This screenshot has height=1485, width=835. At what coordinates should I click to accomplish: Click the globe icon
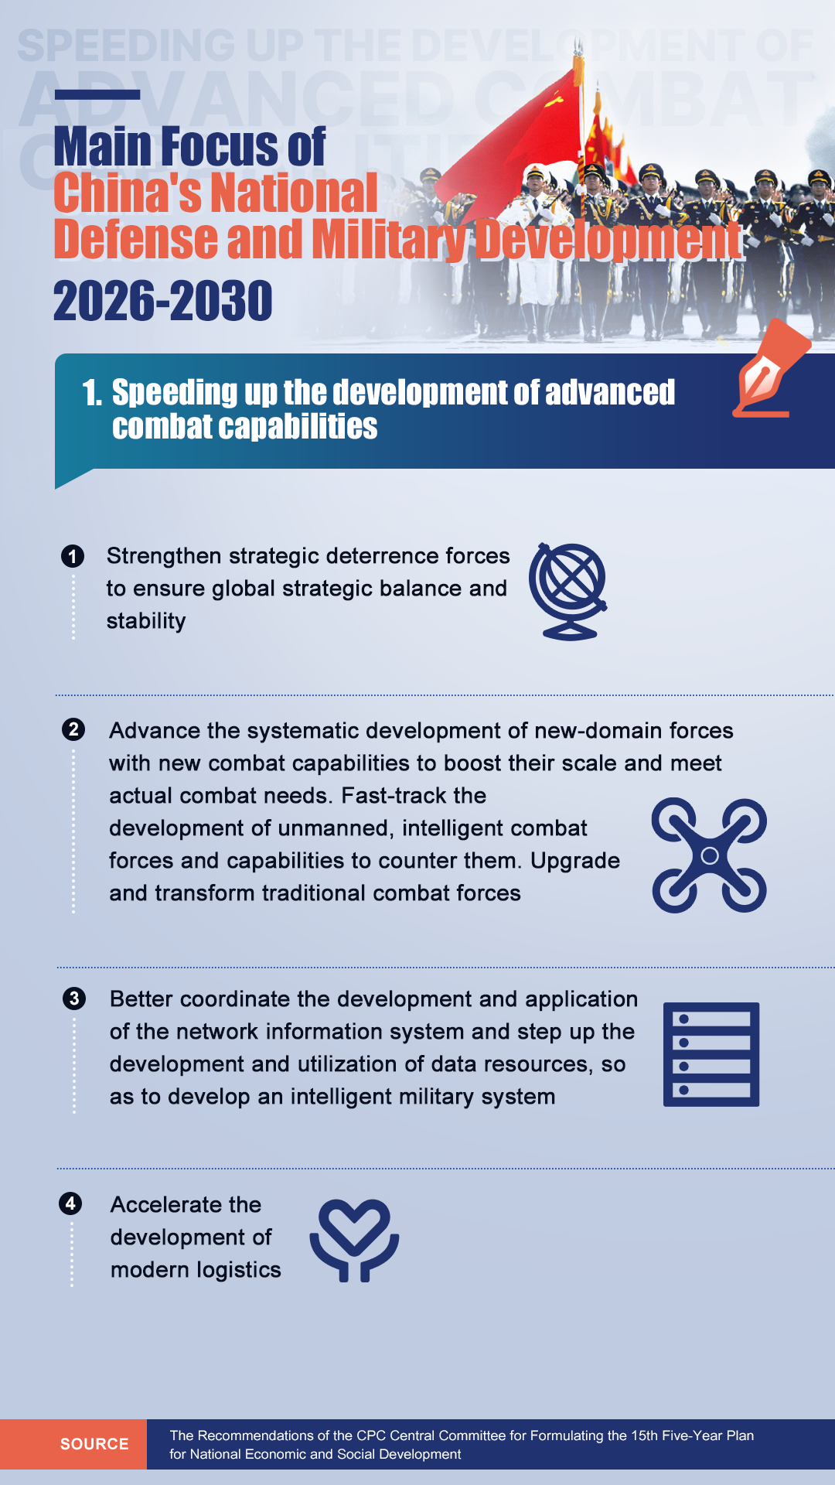pyautogui.click(x=568, y=592)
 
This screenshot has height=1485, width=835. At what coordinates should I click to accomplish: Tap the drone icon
pyautogui.click(x=709, y=855)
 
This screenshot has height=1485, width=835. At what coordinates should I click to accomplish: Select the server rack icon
pyautogui.click(x=711, y=1054)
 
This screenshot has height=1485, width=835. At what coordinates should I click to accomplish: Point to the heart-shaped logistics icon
pyautogui.click(x=354, y=1240)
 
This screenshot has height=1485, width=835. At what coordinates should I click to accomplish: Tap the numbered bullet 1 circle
pyautogui.click(x=73, y=556)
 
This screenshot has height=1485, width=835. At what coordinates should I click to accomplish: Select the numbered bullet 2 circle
pyautogui.click(x=73, y=729)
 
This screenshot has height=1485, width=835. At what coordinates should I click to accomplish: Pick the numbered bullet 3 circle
pyautogui.click(x=74, y=998)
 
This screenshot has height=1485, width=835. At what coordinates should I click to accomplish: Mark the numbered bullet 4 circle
pyautogui.click(x=70, y=1203)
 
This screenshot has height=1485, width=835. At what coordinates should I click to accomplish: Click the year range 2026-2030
pyautogui.click(x=163, y=301)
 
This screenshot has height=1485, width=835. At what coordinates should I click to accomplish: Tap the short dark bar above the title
pyautogui.click(x=97, y=94)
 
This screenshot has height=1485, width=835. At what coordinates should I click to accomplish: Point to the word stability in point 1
pyautogui.click(x=146, y=621)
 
